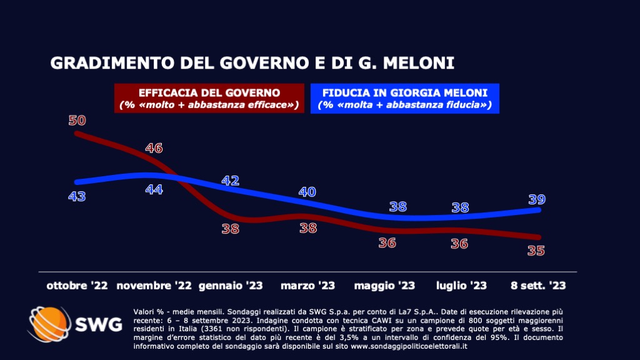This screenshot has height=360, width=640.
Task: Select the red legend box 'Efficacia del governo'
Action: click(209, 99)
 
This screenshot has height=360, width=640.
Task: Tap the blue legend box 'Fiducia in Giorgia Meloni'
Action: click(405, 99)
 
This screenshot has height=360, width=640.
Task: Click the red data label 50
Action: click(77, 120)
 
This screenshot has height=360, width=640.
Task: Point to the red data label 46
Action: click(154, 148)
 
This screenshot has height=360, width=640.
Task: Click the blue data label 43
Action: click(77, 196)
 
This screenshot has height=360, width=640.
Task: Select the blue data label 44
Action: click(154, 189)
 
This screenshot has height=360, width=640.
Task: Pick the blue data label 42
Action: click(231, 181)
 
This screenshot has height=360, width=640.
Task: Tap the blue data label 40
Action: click(307, 192)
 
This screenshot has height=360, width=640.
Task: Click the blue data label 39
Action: click(536, 199)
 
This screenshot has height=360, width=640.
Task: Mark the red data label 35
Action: click(536, 251)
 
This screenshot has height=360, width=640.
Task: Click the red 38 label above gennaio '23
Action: click(231, 229)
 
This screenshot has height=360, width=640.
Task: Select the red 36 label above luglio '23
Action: click(459, 244)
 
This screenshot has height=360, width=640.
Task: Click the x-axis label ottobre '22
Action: click(77, 286)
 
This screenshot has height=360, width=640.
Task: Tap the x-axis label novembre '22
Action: click(154, 286)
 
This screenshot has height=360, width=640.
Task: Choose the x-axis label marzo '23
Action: click(307, 286)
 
